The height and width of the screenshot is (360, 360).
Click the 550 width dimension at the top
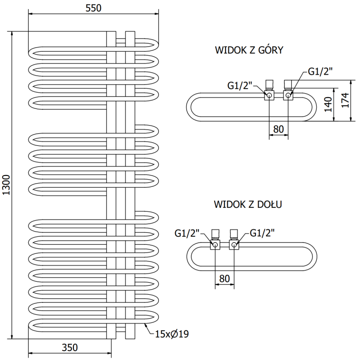(x=93, y=8)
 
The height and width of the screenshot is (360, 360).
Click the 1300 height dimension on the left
(x=6, y=184)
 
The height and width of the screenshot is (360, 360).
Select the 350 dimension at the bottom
(x=70, y=347)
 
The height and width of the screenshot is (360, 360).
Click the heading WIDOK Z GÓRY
(x=249, y=50)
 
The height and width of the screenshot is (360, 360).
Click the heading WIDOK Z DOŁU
(x=248, y=205)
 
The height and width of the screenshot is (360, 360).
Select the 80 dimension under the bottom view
(x=225, y=279)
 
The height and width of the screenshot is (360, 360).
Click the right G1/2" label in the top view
(x=319, y=71)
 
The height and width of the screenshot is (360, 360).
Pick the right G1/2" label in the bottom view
(x=262, y=233)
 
